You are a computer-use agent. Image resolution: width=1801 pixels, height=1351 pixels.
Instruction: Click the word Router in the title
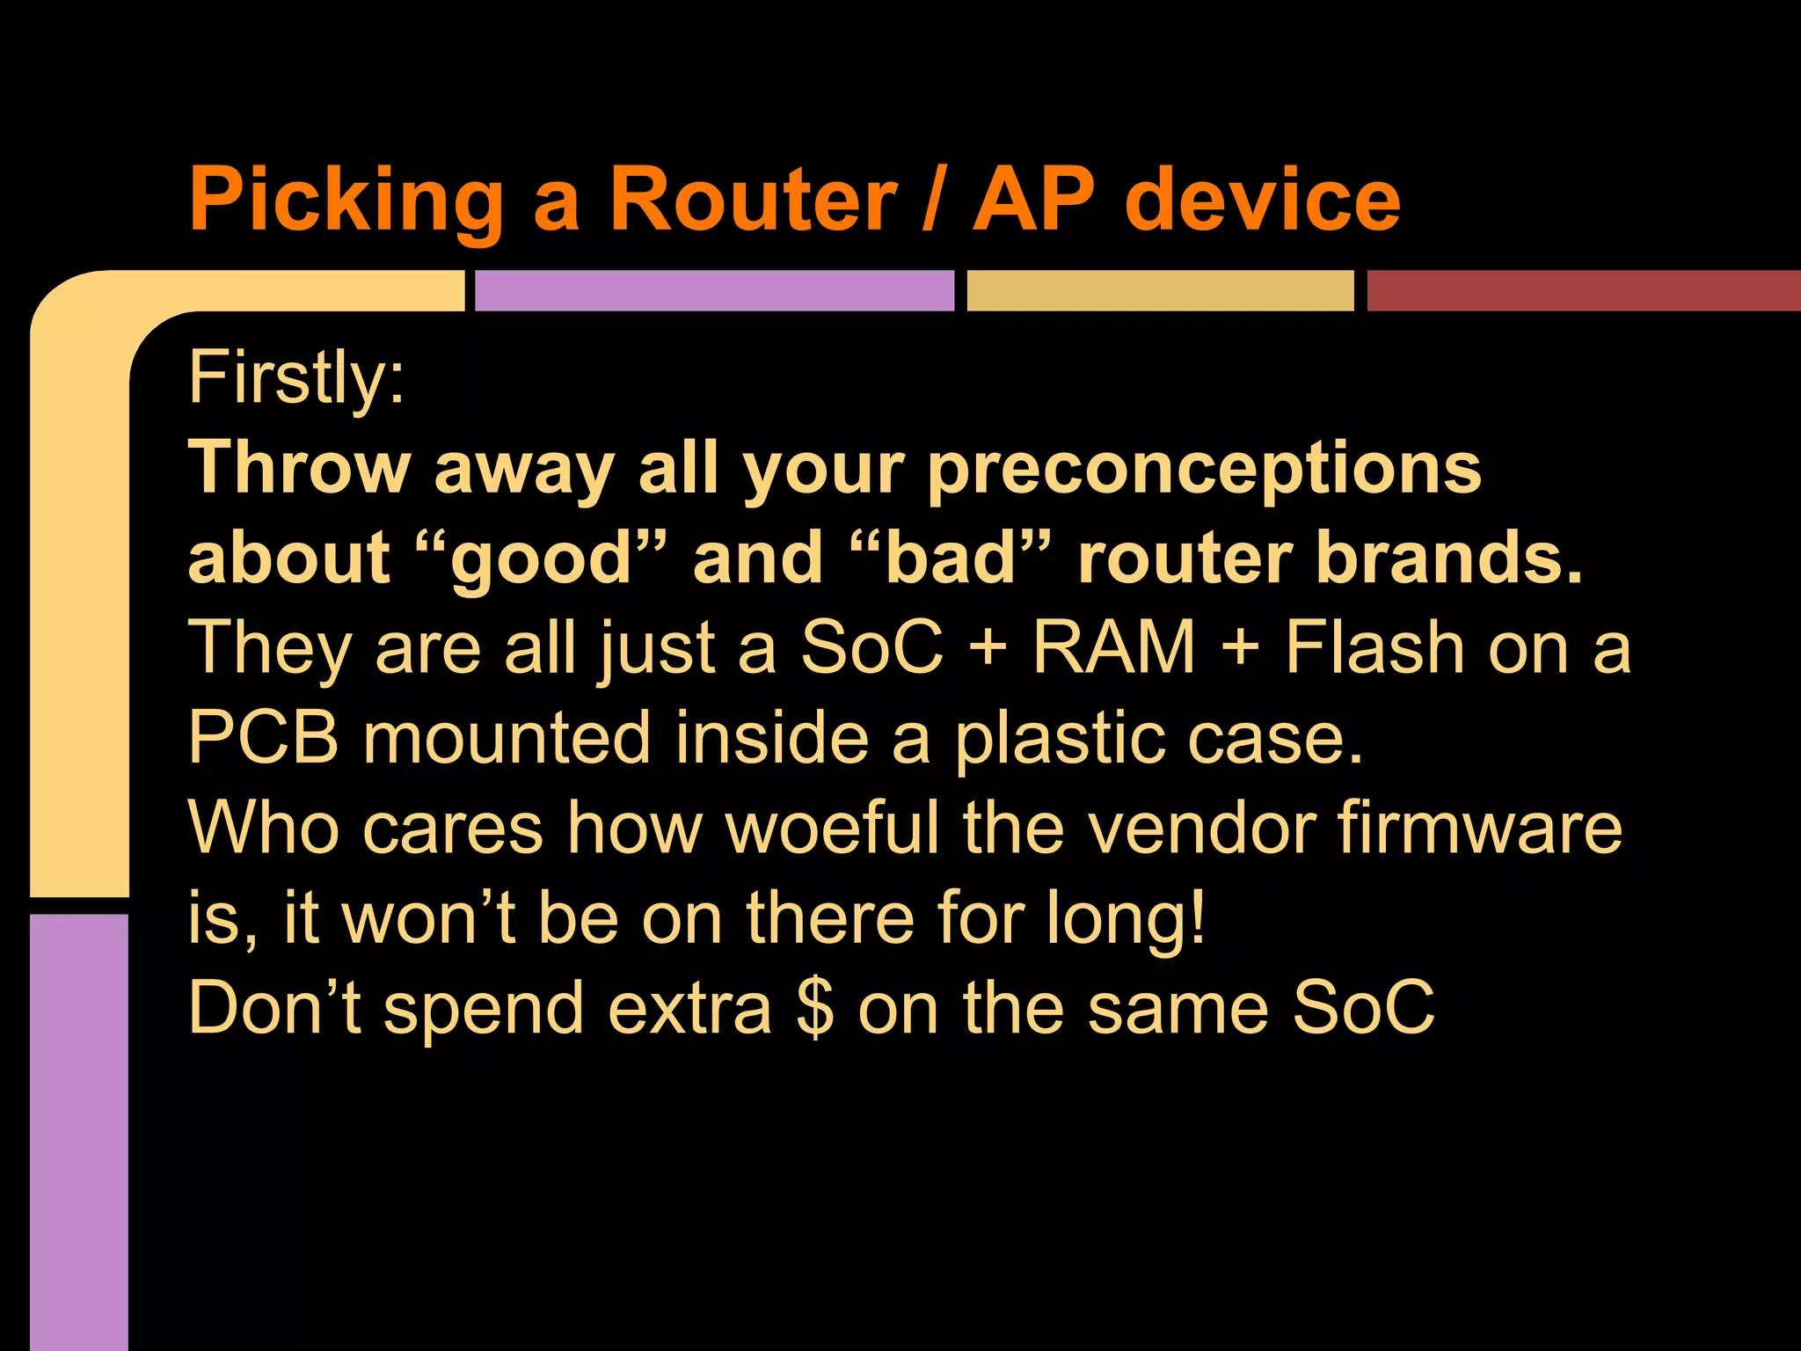pos(753,201)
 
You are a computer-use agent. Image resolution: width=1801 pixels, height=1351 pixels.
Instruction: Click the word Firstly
pos(295,378)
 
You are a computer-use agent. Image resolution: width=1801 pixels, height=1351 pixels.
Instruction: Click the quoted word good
pos(542,559)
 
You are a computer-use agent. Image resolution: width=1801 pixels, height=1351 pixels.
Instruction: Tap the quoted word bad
pos(951,559)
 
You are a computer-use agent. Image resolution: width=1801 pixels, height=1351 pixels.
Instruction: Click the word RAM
pos(1113,647)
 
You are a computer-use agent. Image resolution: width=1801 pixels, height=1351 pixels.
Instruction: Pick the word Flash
pos(1374,647)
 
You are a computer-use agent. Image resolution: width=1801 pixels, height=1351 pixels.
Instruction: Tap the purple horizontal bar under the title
pos(714,291)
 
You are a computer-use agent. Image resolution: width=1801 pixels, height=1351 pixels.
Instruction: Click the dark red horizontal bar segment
pos(1583,291)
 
